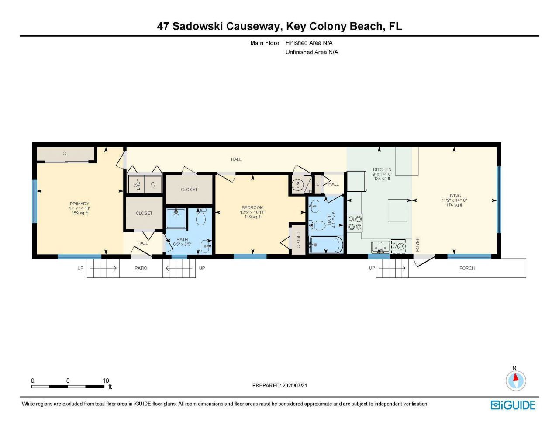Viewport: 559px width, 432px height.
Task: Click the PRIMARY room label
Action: pyautogui.click(x=79, y=204)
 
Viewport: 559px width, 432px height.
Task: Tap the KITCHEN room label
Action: pyautogui.click(x=382, y=169)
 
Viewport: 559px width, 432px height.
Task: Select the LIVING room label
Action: pyautogui.click(x=454, y=196)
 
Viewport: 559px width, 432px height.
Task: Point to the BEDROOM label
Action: pyautogui.click(x=252, y=208)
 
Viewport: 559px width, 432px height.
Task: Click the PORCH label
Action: pyautogui.click(x=467, y=268)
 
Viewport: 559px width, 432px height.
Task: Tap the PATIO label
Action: pyautogui.click(x=141, y=268)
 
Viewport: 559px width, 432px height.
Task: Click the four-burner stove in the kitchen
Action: pyautogui.click(x=355, y=223)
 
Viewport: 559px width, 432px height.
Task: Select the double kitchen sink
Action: pyautogui.click(x=380, y=247)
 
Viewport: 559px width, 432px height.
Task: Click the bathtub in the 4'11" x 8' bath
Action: pyautogui.click(x=326, y=245)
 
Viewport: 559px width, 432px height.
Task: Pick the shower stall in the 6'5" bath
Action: pyautogui.click(x=176, y=218)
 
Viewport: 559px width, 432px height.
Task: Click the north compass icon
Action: pyautogui.click(x=516, y=380)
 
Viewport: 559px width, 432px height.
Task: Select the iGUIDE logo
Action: pyautogui.click(x=513, y=405)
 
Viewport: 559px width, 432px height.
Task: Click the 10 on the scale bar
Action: pyautogui.click(x=106, y=380)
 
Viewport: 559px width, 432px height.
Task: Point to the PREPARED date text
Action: pyautogui.click(x=279, y=385)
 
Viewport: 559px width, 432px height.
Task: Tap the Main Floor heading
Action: pyautogui.click(x=265, y=43)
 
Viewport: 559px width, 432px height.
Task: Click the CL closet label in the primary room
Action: pyautogui.click(x=65, y=154)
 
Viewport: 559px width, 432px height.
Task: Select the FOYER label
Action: pyautogui.click(x=418, y=244)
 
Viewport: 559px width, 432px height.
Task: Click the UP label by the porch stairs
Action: pyautogui.click(x=372, y=268)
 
